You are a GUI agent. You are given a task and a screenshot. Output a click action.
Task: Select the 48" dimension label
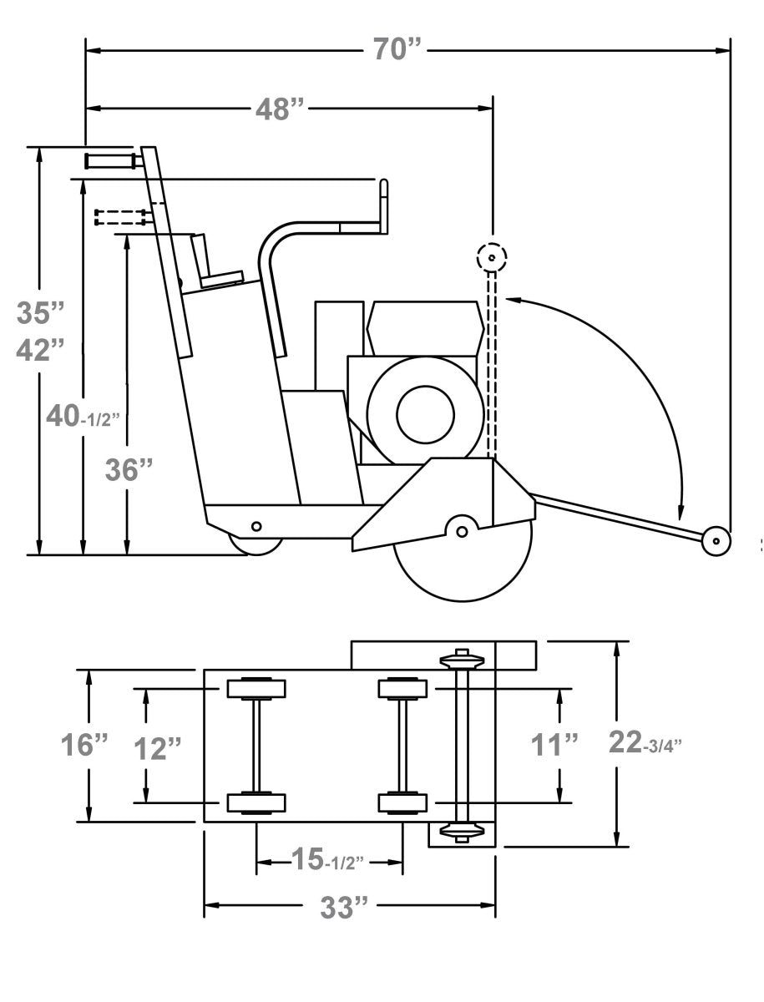pyautogui.click(x=281, y=109)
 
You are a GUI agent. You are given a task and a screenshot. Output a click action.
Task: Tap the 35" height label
pyautogui.click(x=40, y=313)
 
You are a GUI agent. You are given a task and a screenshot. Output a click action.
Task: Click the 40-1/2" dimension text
pyautogui.click(x=83, y=416)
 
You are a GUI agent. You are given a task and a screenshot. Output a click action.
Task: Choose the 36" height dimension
pyautogui.click(x=129, y=470)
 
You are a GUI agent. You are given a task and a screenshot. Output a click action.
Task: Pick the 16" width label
pyautogui.click(x=84, y=744)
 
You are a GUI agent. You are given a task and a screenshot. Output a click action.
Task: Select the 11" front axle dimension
pyautogui.click(x=554, y=744)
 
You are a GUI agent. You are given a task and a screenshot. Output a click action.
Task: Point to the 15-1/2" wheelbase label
pyautogui.click(x=327, y=859)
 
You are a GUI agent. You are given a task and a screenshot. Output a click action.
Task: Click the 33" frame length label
pyautogui.click(x=344, y=908)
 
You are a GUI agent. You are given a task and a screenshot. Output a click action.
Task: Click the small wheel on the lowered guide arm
pyautogui.click(x=716, y=540)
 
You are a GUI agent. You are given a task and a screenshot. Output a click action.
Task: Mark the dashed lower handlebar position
pyautogui.click(x=122, y=217)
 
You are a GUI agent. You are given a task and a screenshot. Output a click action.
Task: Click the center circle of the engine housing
pyautogui.click(x=425, y=414)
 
